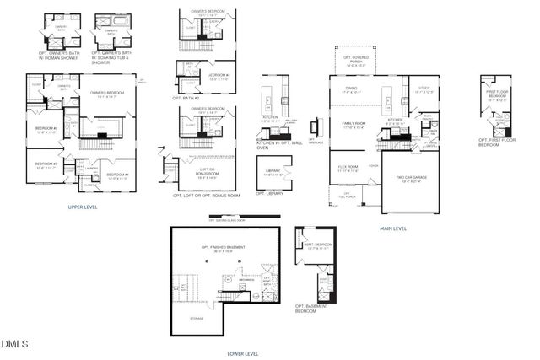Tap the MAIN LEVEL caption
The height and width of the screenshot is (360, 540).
(393, 228)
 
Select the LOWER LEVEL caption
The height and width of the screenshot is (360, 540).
(243, 353)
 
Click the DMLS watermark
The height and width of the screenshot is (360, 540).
(14, 344)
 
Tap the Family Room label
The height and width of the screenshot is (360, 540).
(354, 125)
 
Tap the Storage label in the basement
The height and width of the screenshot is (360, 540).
(196, 317)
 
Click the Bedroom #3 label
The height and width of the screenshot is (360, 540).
(46, 164)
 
